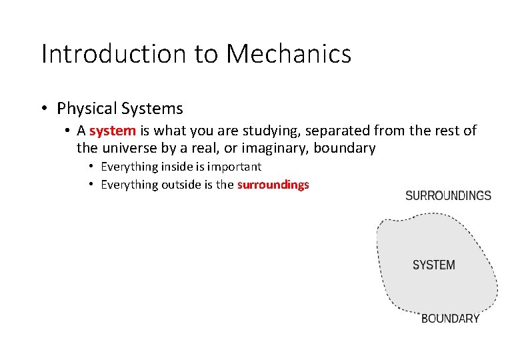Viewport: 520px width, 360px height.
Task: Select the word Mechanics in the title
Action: (289, 54)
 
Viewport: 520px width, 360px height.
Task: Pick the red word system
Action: (113, 131)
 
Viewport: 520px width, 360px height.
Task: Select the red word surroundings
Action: (273, 185)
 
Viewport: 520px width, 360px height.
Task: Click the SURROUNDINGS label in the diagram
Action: (448, 196)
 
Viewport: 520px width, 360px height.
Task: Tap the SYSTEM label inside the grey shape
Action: (433, 265)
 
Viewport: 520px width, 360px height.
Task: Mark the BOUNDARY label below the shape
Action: (450, 319)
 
